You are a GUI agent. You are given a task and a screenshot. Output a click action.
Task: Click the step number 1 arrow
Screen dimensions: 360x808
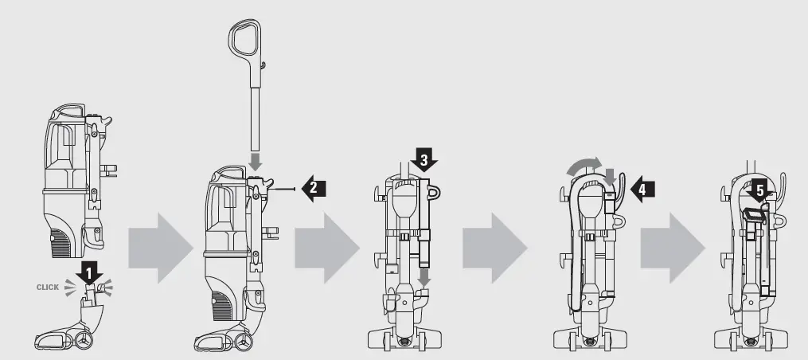coord(90,272)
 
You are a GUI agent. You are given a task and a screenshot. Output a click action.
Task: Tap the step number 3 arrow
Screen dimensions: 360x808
coord(424,162)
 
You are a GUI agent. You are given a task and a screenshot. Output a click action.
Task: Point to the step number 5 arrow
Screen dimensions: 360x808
coord(759,192)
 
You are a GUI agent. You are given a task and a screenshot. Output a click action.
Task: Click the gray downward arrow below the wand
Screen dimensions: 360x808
coord(256,159)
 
